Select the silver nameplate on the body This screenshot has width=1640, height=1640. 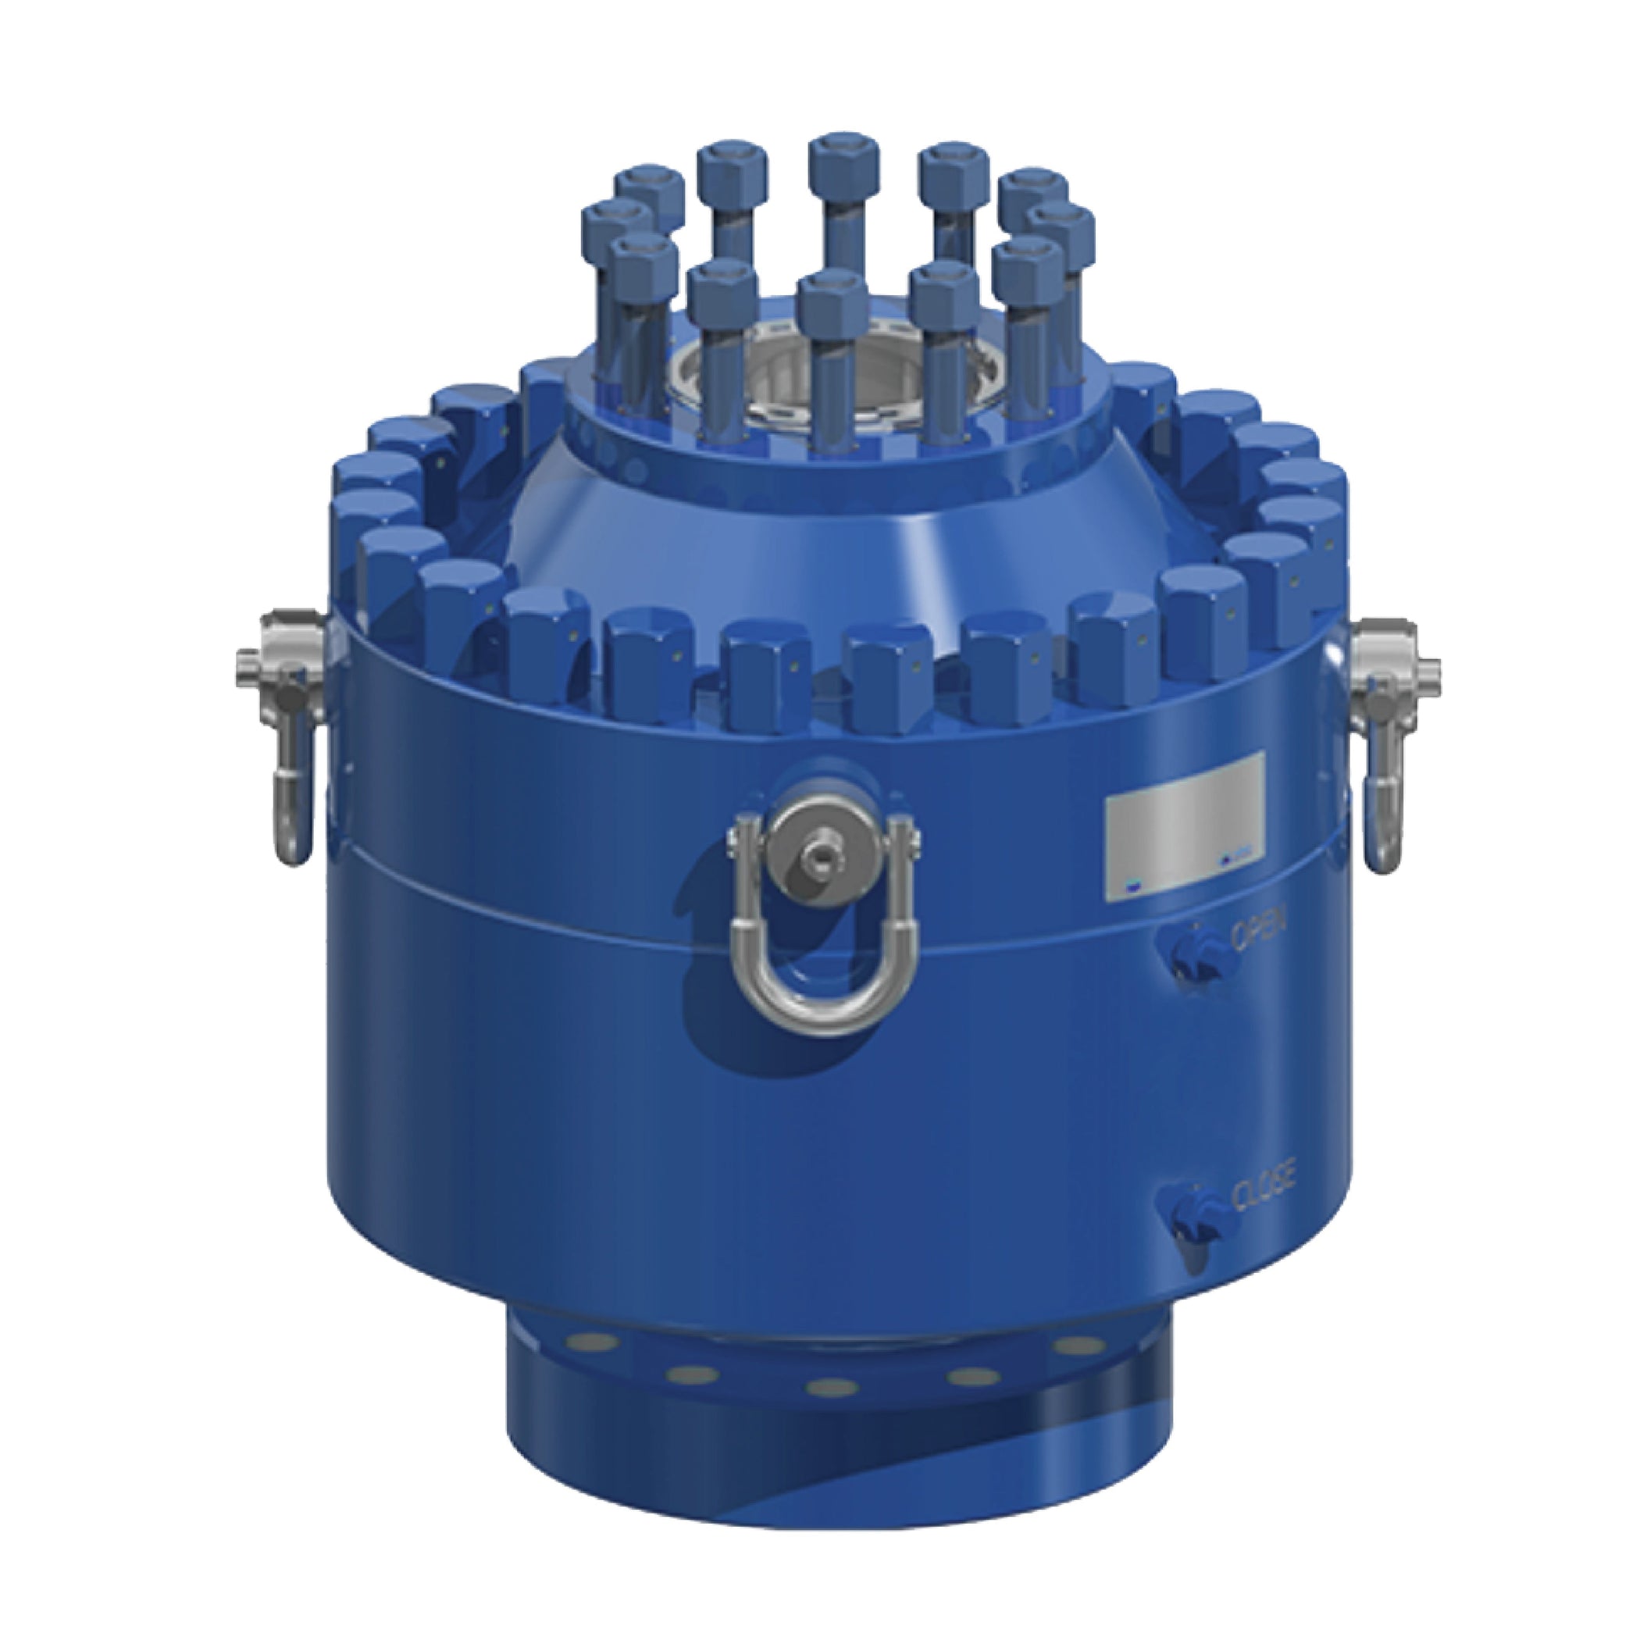(x=1185, y=824)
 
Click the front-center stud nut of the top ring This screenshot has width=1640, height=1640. (x=832, y=305)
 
